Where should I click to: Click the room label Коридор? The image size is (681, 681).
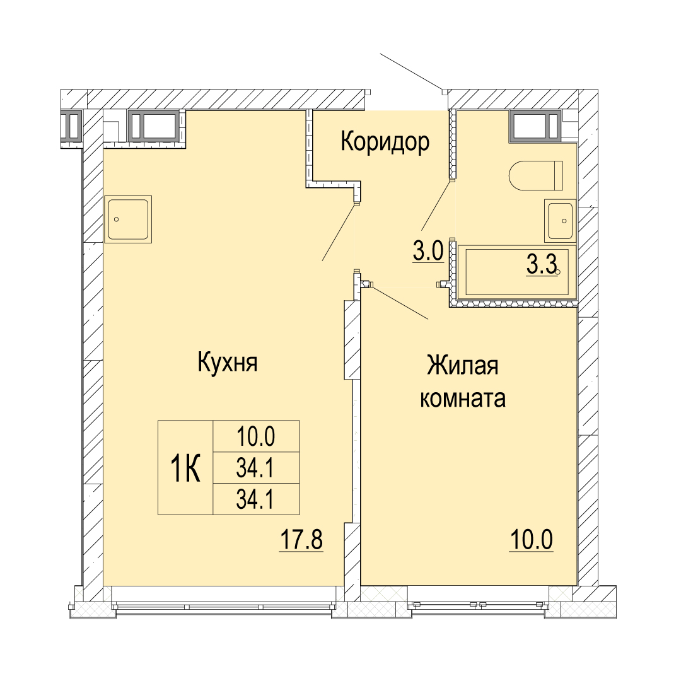coord(385,142)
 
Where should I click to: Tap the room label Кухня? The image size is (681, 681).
coord(228,362)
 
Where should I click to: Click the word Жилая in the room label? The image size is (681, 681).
coord(463,365)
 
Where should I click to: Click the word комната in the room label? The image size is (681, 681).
coord(463,398)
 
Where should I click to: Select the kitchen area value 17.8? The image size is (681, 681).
coord(301,540)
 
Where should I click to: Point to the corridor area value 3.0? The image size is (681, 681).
coord(428,252)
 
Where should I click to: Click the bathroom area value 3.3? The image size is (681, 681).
coord(542,265)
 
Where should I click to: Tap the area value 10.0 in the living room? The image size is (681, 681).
coord(532,540)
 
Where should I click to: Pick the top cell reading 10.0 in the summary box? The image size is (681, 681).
coord(256,436)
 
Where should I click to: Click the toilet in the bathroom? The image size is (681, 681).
coord(536,175)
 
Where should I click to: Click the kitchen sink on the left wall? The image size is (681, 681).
coord(128,219)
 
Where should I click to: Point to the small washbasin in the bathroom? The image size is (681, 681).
coord(561,221)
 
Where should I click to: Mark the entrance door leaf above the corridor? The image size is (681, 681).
coord(412,73)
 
